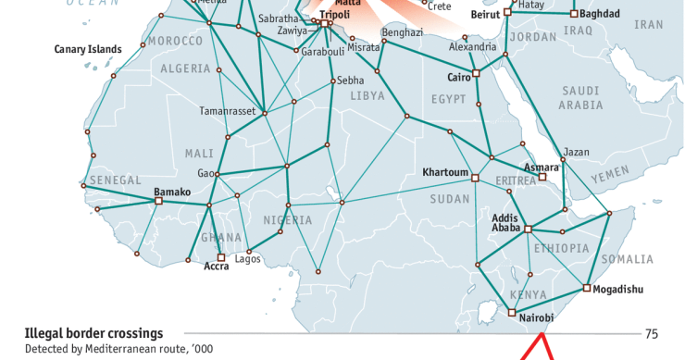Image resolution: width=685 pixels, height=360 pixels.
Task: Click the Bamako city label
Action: [171, 192]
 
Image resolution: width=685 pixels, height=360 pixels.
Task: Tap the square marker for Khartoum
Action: [475, 178]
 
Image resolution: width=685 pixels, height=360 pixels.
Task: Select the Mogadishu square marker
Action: [586, 289]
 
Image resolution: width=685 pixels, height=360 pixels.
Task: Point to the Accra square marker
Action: [220, 257]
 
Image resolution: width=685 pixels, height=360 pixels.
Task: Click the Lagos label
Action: [248, 259]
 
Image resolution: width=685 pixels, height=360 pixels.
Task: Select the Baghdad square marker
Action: [574, 14]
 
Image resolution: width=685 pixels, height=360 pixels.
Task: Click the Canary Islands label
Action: [88, 49]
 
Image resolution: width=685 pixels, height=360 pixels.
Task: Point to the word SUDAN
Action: [450, 199]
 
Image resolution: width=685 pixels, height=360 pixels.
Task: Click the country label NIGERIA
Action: [288, 220]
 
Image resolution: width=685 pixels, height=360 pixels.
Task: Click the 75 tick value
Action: [652, 334]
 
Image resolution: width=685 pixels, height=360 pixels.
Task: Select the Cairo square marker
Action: [476, 73]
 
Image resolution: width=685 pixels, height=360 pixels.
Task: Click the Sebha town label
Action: [350, 81]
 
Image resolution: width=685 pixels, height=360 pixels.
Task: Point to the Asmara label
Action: [542, 168]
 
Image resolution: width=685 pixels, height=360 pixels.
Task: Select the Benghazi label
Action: [402, 32]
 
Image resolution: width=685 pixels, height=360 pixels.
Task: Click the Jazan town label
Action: [576, 152]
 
